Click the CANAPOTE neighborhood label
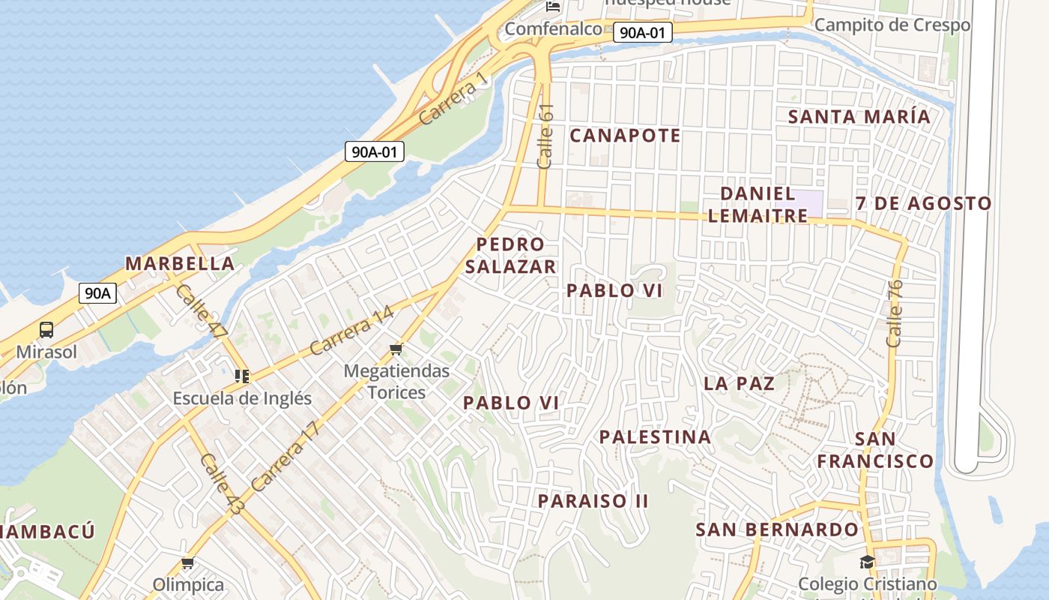point(625,136)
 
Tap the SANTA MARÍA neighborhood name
point(859,117)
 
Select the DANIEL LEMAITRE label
point(758,205)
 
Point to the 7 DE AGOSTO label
point(923,203)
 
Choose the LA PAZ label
point(739,383)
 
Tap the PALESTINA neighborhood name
point(655,436)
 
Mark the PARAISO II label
point(593,501)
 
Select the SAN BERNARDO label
point(777,529)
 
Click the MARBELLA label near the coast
point(180,263)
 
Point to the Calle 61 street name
point(545,136)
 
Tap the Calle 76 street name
point(895,313)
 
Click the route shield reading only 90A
point(97,293)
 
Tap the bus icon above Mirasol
point(46,330)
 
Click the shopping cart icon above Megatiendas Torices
point(396,349)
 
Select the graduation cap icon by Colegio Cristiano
point(867,562)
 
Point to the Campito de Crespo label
point(892,25)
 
